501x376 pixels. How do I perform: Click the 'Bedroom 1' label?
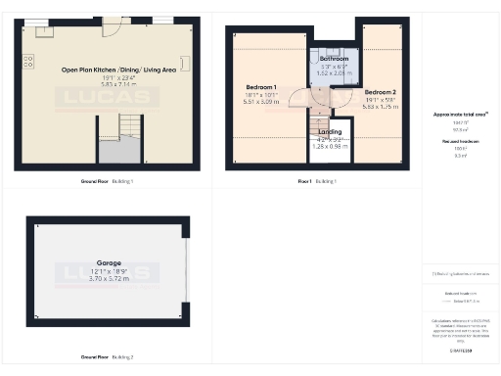[x=261, y=88]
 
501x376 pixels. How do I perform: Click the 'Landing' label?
[x=330, y=131]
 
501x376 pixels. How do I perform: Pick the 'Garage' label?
[x=108, y=263]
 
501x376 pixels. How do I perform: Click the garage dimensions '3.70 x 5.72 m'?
[x=108, y=279]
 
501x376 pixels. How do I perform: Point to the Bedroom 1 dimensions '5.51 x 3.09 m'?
[x=261, y=102]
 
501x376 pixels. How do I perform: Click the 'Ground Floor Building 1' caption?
[x=107, y=182]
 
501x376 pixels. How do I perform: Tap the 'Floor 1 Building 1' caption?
[x=317, y=182]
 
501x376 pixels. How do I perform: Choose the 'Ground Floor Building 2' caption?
[x=107, y=356]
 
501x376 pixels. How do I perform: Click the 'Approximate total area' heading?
[x=459, y=115]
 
